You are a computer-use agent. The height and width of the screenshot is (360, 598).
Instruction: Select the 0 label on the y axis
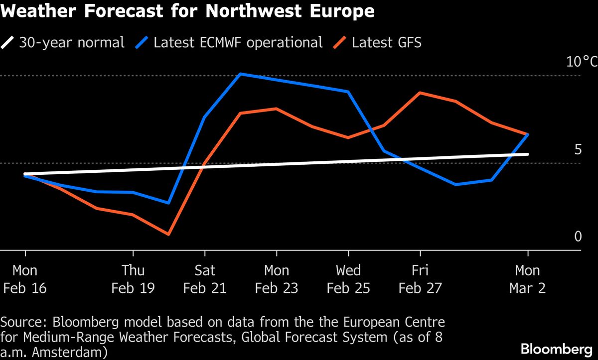pyautogui.click(x=578, y=237)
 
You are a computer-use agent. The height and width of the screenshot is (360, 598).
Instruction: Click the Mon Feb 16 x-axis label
pyautogui.click(x=25, y=279)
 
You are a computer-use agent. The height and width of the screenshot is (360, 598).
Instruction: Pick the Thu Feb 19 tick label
pyautogui.click(x=133, y=279)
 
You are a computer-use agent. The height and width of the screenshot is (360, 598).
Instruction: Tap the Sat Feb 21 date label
pyautogui.click(x=205, y=279)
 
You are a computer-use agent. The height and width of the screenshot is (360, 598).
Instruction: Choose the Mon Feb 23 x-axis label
pyautogui.click(x=277, y=279)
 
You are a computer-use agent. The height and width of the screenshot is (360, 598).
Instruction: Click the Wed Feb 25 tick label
pyautogui.click(x=348, y=279)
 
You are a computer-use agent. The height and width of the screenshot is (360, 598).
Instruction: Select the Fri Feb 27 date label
pyautogui.click(x=420, y=279)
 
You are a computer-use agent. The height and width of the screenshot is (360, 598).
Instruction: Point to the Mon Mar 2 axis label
pyautogui.click(x=528, y=279)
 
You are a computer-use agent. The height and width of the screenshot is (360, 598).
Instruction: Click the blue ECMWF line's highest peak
pyautogui.click(x=241, y=74)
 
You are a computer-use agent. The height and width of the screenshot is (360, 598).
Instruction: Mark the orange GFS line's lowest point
pyautogui.click(x=168, y=234)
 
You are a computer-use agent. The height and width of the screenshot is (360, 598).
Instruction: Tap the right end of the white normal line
pyautogui.click(x=528, y=154)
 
